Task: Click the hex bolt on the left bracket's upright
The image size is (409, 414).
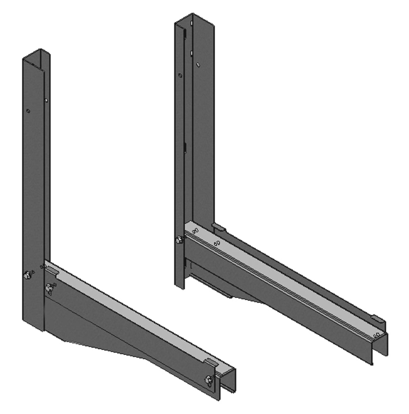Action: (x=27, y=274)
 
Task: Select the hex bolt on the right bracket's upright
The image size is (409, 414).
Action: (x=180, y=240)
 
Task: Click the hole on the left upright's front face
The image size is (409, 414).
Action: (x=28, y=111)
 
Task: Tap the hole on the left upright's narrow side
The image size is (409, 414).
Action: (x=46, y=100)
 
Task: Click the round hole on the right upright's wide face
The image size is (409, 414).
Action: (x=198, y=65)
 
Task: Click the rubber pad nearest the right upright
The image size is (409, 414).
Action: (x=219, y=227)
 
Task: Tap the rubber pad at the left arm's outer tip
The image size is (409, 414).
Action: (x=211, y=363)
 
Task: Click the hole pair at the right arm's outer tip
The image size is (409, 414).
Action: (x=377, y=334)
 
